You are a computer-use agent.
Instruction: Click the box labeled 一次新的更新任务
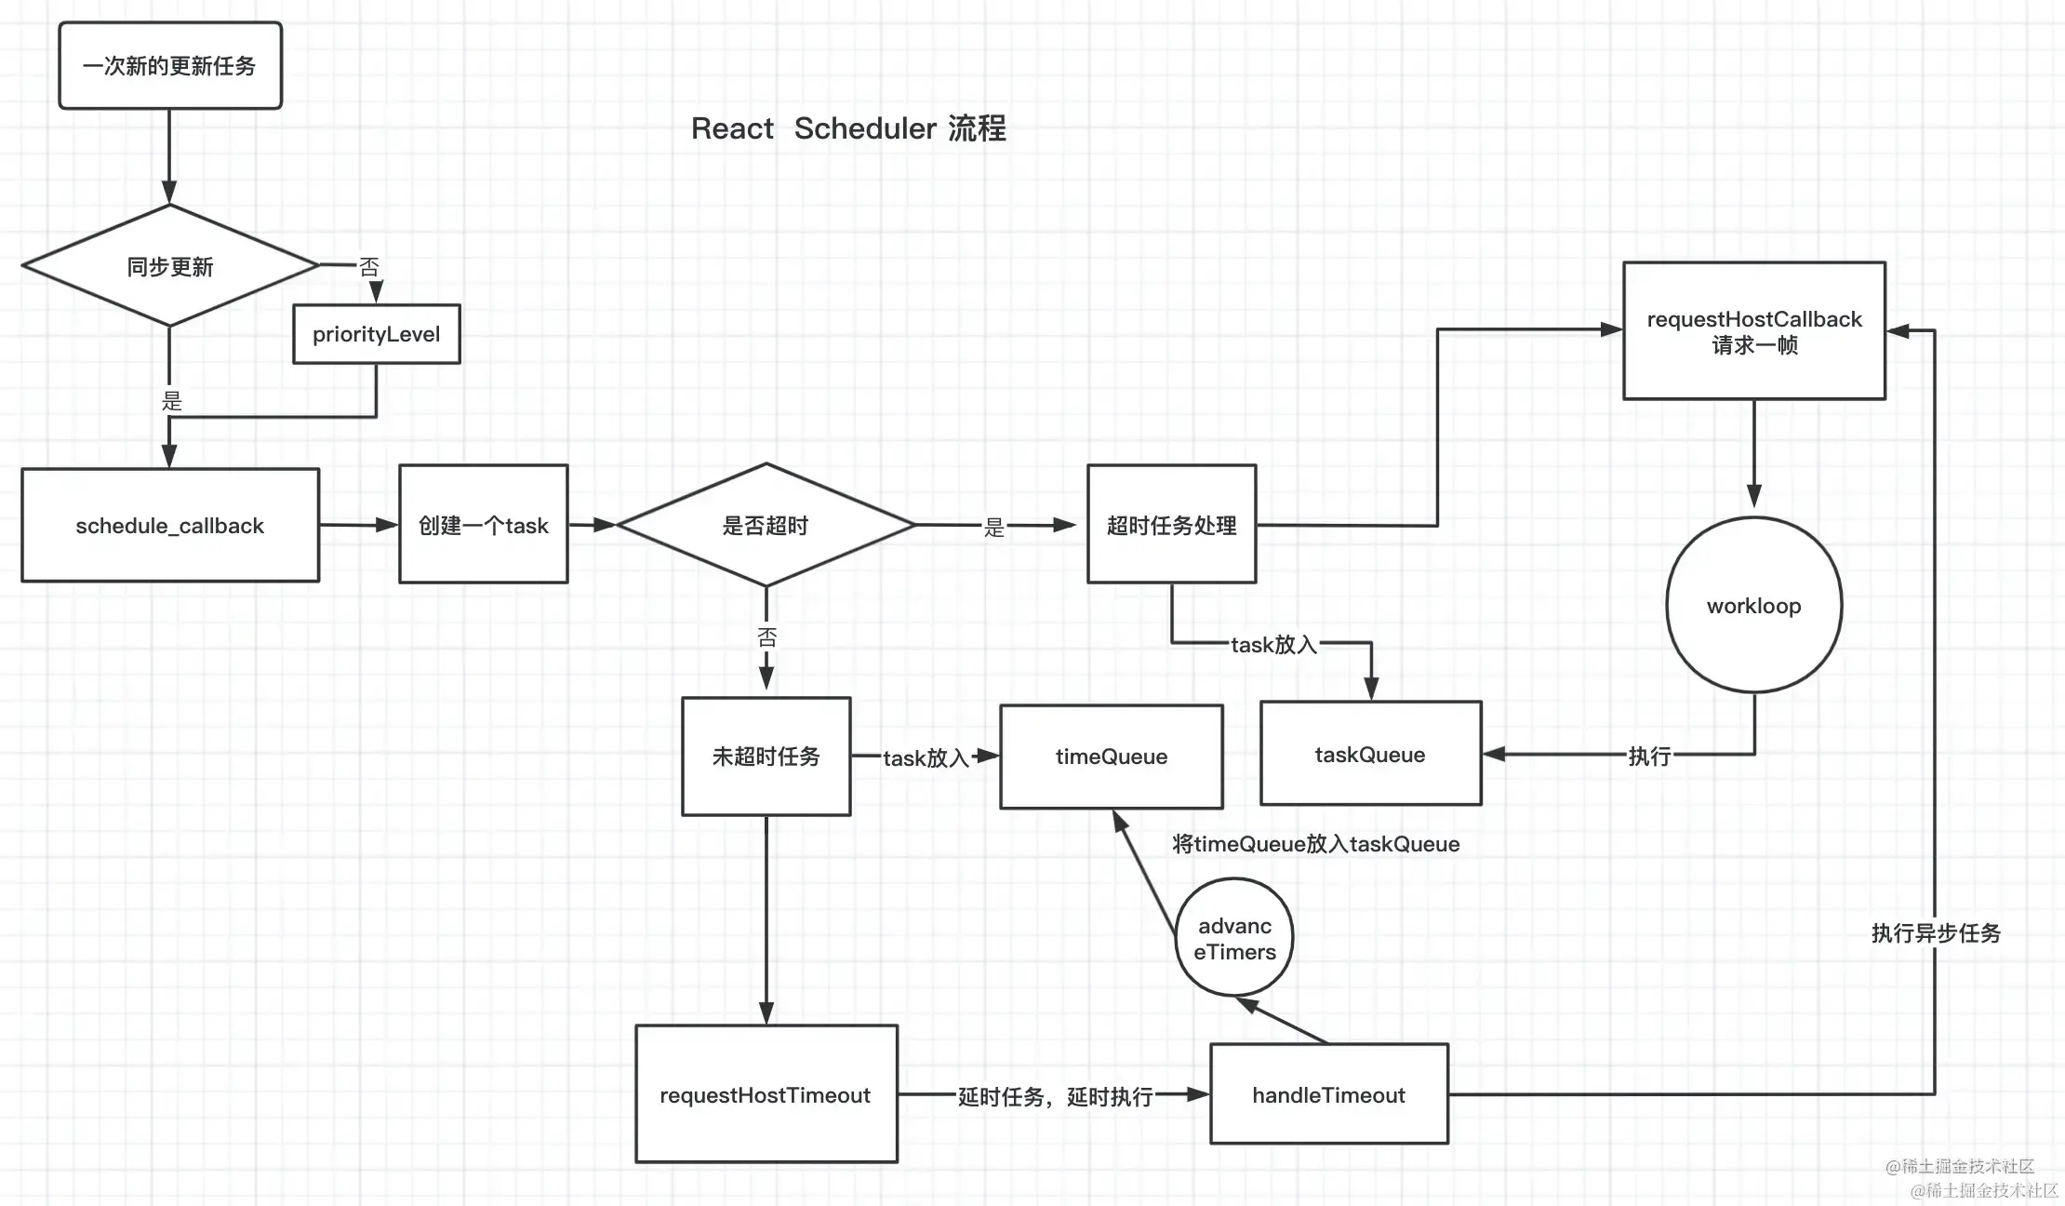pos(170,66)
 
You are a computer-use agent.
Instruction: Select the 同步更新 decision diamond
pos(170,266)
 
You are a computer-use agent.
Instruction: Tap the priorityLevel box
pos(376,334)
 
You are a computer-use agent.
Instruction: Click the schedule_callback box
pos(170,526)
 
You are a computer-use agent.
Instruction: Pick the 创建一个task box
pos(484,525)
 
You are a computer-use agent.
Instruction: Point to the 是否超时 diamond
pos(766,526)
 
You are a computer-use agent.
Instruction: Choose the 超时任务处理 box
pos(1171,525)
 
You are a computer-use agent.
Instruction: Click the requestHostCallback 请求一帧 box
pos(1754,331)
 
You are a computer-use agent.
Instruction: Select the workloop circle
pos(1753,606)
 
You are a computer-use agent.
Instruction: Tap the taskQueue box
pos(1370,754)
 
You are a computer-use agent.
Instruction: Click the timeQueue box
pos(1111,757)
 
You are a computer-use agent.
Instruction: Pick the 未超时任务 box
pos(766,757)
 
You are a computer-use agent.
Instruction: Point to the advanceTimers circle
pos(1234,938)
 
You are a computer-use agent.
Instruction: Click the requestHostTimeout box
pos(766,1094)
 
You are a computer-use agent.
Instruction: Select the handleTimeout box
pos(1328,1094)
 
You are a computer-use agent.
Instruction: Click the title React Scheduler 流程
pos(848,128)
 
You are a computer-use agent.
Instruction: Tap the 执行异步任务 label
pos(1936,933)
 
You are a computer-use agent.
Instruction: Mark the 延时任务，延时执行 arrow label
pos(1055,1097)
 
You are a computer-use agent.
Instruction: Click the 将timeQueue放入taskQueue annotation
pos(1315,844)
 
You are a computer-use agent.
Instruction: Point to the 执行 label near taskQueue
pos(1649,757)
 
